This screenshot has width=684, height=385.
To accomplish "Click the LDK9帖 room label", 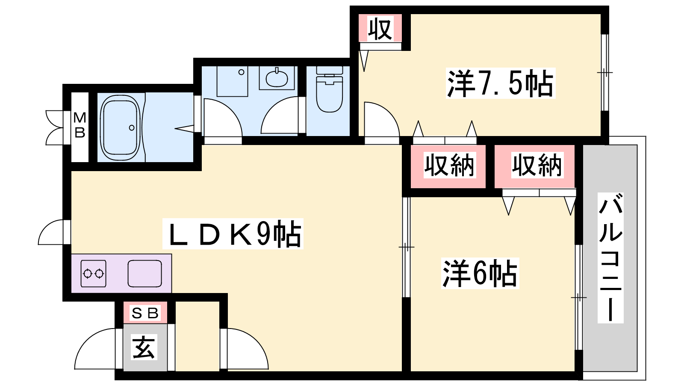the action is pos(233,234).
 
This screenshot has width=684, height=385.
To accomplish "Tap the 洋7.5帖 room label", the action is pos(501,83).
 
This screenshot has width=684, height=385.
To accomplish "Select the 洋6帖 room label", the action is pos(480,273).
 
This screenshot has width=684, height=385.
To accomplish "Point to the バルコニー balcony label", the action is pos(610,258).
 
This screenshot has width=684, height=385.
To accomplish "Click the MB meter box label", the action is pos(80,125).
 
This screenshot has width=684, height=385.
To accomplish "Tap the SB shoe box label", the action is pos(145,313).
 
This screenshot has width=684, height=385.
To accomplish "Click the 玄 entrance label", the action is pos(144,347).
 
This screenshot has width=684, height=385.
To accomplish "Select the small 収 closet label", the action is pos(380,30).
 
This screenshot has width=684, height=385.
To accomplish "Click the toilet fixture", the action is pos(329,89).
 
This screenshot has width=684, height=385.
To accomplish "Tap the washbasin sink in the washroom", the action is pos(277,79).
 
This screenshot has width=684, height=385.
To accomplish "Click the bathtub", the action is pos(121,127).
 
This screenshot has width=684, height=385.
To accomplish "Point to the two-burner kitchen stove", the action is pos(94,274).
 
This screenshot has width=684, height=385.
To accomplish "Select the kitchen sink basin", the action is pos(145,274).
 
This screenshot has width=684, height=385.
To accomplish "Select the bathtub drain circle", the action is pos(132,128).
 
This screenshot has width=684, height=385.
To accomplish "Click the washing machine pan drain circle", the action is pos(241,72).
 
